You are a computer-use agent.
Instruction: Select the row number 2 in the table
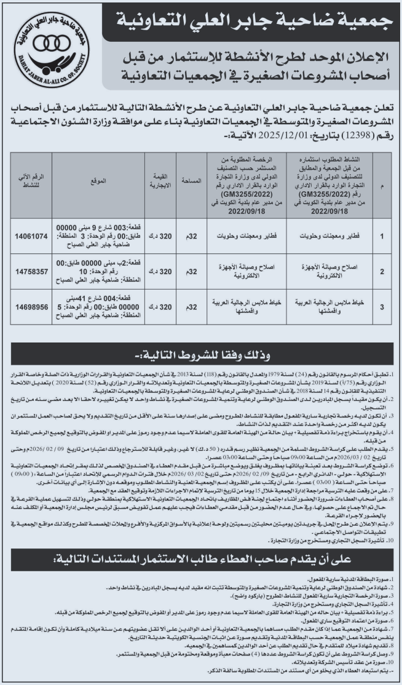pos(384,271)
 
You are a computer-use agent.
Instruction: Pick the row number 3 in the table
pos(384,306)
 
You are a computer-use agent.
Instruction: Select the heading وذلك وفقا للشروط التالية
pos(200,357)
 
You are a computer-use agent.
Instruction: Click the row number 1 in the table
pos(384,236)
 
